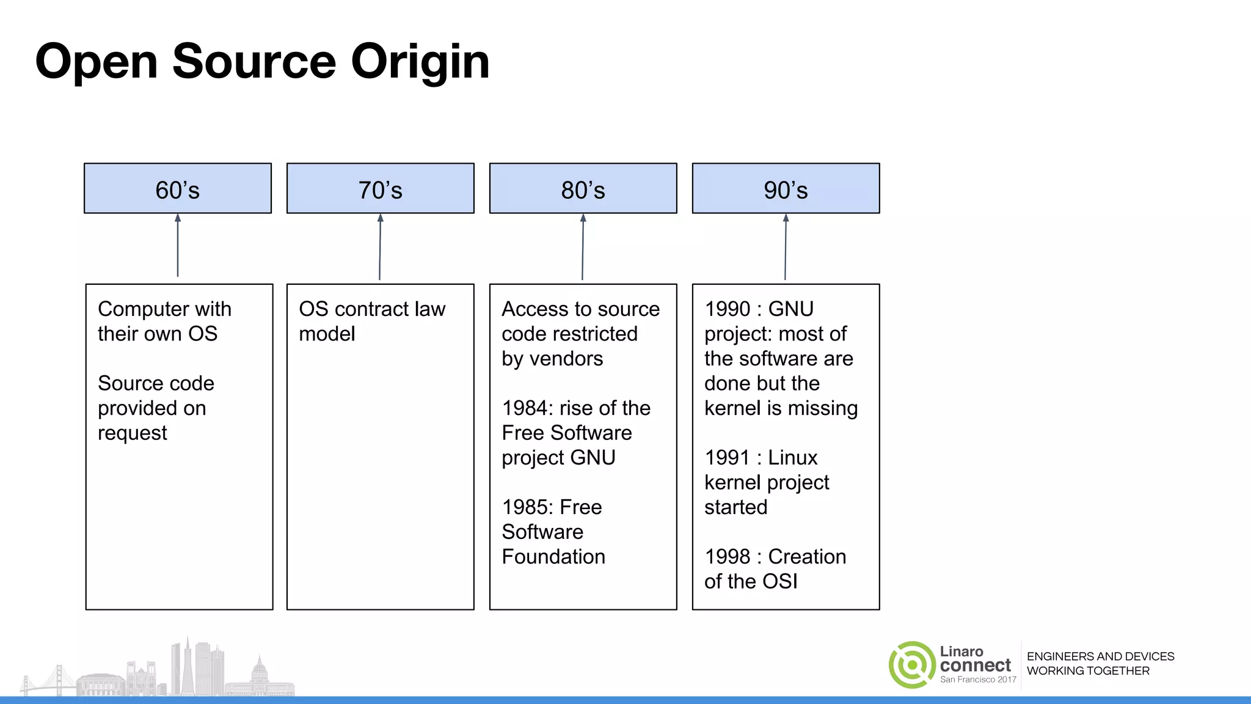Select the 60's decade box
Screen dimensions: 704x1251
(178, 189)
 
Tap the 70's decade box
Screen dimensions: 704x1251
(380, 189)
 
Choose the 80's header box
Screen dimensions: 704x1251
(583, 189)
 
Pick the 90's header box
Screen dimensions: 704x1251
(786, 189)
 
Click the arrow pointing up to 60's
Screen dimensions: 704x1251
(178, 244)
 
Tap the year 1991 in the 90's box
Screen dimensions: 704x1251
(727, 458)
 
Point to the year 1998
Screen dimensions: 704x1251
(727, 557)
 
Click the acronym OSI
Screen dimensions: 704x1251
(779, 581)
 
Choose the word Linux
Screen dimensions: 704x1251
(792, 458)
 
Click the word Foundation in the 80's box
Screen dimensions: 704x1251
(553, 557)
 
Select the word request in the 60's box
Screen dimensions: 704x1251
(132, 433)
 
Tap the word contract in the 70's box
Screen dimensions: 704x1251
(373, 309)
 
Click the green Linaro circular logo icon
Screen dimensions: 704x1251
(911, 665)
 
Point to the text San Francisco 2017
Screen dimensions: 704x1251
(978, 680)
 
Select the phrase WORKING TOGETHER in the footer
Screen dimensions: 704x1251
(1088, 671)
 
